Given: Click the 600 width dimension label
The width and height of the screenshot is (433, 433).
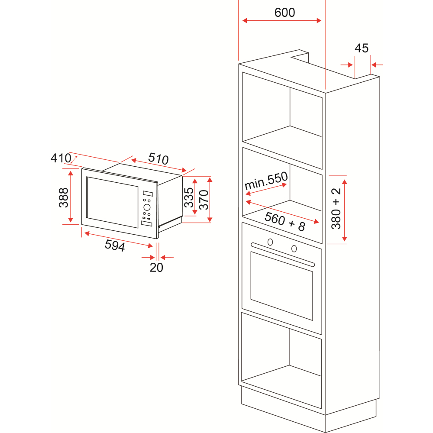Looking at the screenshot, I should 284,13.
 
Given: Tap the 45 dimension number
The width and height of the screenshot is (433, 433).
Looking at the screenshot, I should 362,48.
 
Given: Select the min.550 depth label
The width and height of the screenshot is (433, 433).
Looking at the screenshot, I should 266,181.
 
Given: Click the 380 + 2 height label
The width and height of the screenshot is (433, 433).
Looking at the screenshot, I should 336,209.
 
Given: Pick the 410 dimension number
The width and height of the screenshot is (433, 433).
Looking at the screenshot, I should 61,158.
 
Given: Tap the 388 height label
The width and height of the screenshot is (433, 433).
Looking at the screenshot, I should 64,197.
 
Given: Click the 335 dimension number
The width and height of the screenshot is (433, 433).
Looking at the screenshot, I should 189,197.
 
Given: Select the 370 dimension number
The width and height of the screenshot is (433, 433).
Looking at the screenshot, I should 204,200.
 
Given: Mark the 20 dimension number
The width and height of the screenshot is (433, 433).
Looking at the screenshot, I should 156,268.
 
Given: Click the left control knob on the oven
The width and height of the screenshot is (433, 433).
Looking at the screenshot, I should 270,242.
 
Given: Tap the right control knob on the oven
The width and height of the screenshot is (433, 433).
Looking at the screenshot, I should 294,248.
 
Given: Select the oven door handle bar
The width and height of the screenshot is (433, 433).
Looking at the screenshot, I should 283,255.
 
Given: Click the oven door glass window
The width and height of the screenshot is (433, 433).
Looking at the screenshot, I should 281,286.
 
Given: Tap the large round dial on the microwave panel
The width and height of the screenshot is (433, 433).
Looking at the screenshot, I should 146,207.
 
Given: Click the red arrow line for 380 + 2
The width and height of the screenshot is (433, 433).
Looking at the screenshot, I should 345,209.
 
